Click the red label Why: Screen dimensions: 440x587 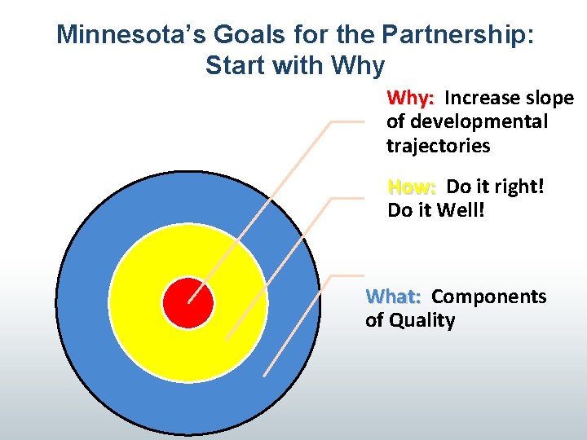411,99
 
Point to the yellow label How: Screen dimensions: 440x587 412,187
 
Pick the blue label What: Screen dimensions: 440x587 394,297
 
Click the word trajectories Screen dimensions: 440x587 438,147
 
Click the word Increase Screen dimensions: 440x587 482,99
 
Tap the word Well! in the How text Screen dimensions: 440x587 466,211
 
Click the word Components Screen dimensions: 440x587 488,297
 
